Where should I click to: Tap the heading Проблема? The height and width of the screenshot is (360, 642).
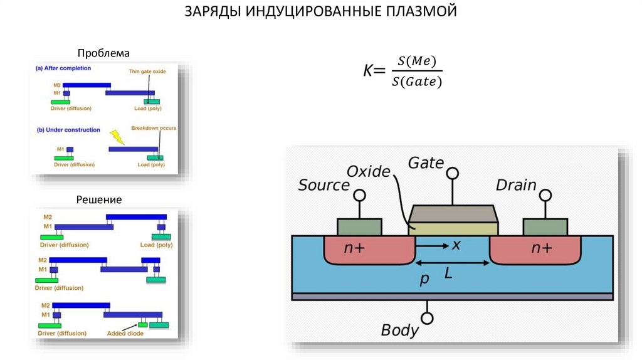pos(103,53)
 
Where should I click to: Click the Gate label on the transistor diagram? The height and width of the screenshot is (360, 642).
pos(426,163)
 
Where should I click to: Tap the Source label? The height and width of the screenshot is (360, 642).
pos(323,185)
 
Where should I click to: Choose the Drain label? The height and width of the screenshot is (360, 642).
pos(516,185)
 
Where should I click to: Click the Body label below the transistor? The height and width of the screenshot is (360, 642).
pos(399,330)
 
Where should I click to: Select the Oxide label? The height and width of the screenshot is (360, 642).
pos(368,171)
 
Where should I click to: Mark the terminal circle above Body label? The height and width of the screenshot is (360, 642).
pos(428,319)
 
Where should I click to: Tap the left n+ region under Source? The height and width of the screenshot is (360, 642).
pos(355,248)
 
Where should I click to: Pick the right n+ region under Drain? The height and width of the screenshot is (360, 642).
pos(542,248)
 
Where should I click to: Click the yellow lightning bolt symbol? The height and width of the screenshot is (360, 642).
pos(117,136)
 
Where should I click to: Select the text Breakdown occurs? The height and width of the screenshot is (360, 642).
pos(154,128)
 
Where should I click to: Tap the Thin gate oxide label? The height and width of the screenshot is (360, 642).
pos(147,71)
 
